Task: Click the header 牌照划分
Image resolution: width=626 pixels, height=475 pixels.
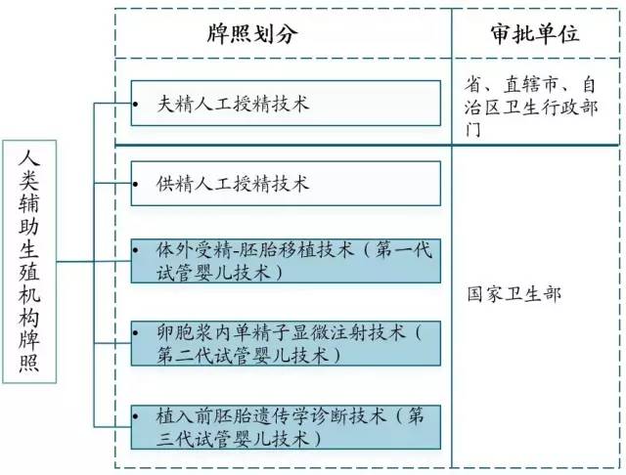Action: click(x=252, y=33)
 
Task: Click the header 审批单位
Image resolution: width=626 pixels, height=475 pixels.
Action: click(x=535, y=33)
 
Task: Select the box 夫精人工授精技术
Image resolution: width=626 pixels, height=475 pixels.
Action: click(x=286, y=104)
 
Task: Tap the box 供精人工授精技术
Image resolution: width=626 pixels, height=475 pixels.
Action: click(x=286, y=184)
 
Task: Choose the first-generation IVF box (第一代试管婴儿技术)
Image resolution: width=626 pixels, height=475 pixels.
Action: click(x=286, y=261)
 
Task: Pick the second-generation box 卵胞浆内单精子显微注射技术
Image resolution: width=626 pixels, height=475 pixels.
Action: click(x=286, y=343)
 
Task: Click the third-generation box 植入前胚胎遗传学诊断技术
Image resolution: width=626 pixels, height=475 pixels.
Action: click(x=286, y=427)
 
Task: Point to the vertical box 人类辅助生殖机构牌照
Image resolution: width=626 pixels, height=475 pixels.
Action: click(x=29, y=262)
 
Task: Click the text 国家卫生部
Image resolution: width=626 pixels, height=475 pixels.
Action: click(x=514, y=294)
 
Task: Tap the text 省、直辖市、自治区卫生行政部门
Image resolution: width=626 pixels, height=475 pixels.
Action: click(x=531, y=107)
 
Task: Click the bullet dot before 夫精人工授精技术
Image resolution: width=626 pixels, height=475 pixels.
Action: click(x=136, y=105)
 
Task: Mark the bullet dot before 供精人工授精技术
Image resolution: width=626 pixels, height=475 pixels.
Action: click(x=136, y=185)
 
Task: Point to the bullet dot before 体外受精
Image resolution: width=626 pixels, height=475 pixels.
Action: click(x=136, y=250)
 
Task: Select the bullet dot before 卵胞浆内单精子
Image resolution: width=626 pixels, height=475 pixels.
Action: click(x=136, y=332)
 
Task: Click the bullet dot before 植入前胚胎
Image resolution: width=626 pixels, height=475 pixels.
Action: click(x=136, y=416)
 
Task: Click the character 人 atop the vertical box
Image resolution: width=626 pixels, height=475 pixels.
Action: click(x=29, y=158)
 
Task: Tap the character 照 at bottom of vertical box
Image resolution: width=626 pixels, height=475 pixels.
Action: click(x=29, y=364)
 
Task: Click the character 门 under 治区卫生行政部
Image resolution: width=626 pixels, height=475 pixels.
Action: click(x=473, y=129)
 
